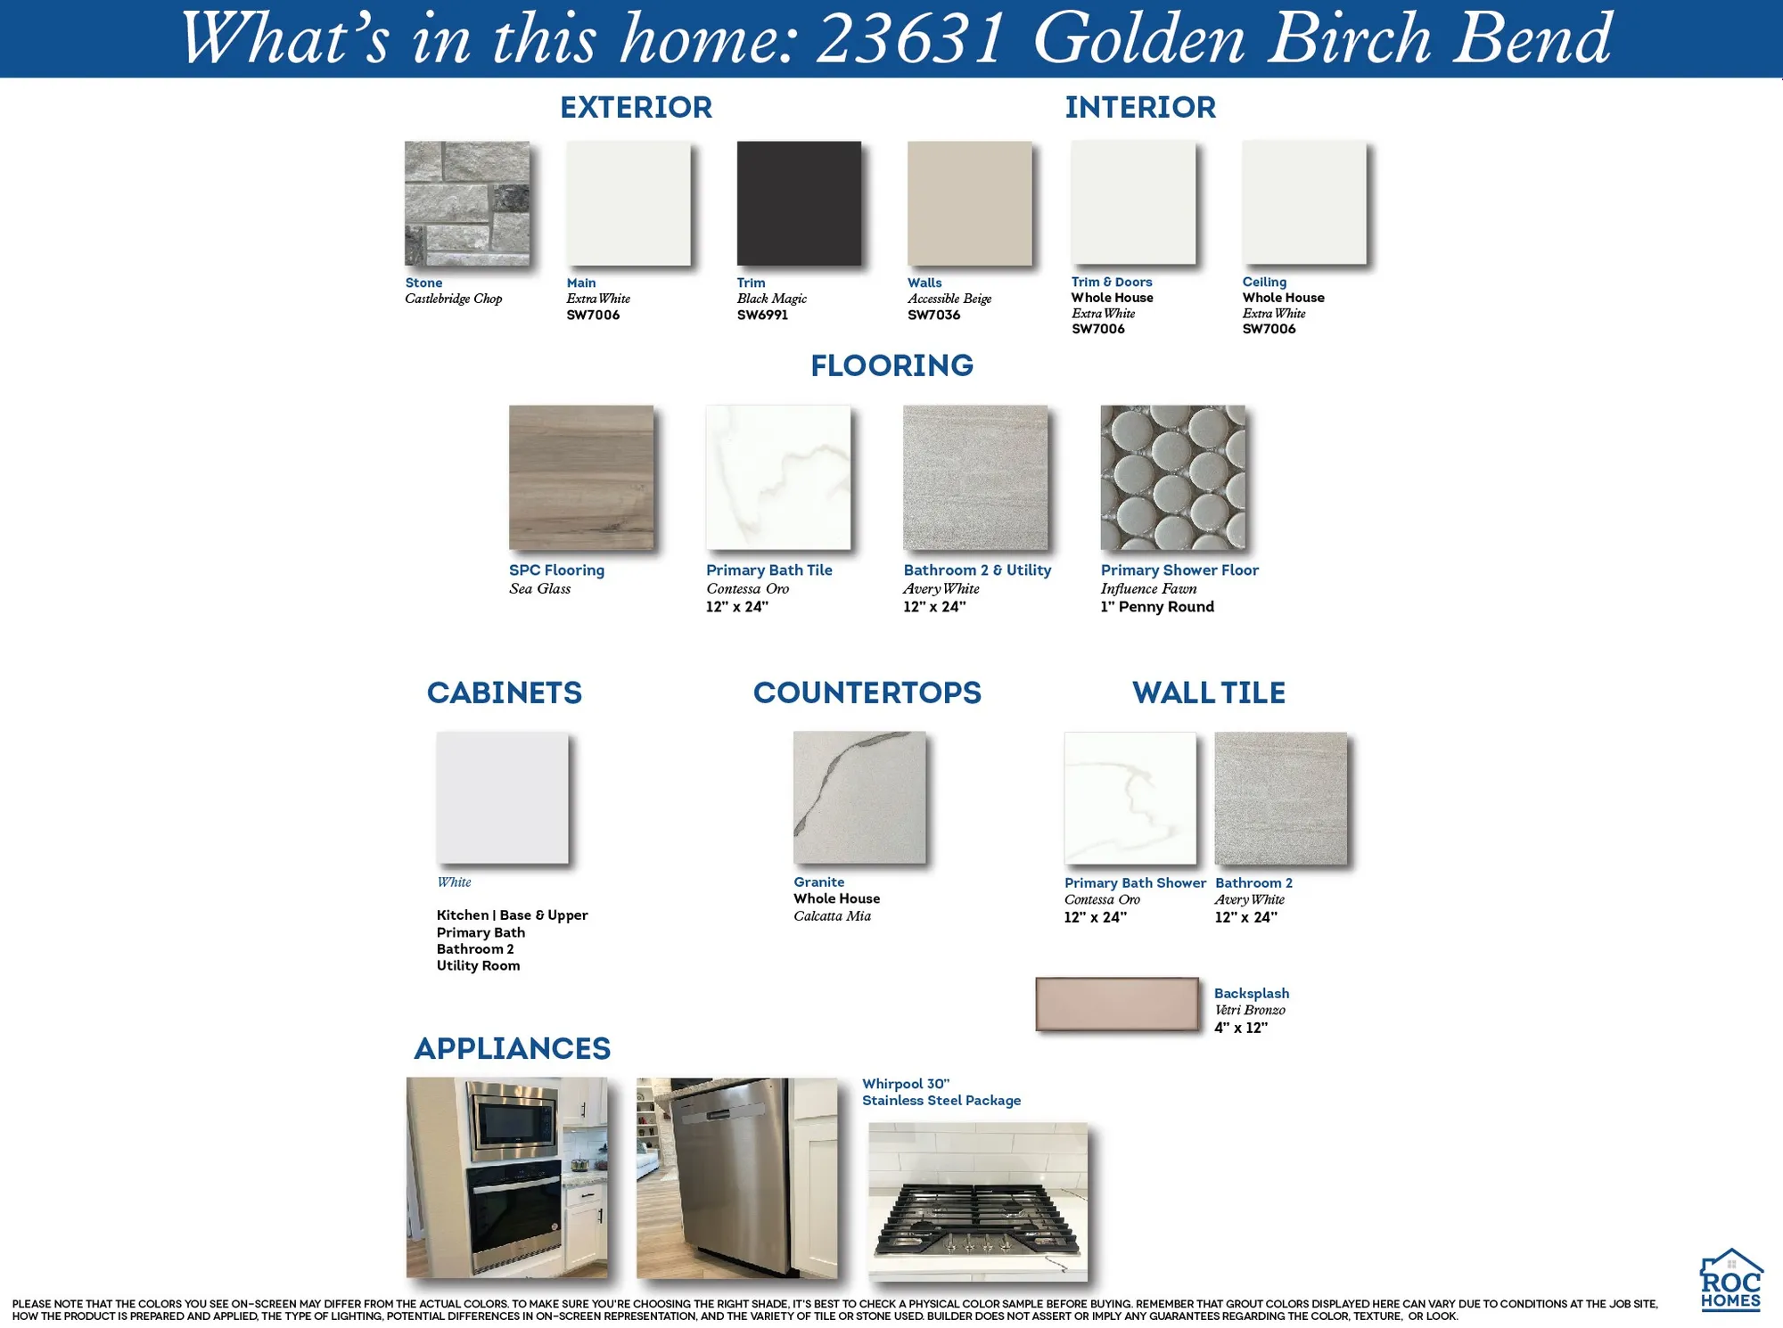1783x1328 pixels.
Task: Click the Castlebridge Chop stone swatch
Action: [467, 203]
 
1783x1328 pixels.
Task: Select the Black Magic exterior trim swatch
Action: [799, 203]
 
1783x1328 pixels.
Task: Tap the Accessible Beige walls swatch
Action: [969, 203]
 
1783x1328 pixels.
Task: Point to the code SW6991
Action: [762, 315]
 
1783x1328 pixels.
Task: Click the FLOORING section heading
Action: [891, 365]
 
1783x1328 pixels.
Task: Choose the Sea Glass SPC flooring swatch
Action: [581, 478]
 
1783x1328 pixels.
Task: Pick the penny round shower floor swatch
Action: [1172, 478]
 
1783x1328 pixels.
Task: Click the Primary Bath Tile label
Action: [768, 570]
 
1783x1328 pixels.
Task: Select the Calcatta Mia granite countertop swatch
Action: [859, 798]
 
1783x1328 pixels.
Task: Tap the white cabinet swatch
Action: [502, 798]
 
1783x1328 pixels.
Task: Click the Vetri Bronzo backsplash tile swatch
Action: [1117, 1004]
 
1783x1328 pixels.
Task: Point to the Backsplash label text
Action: [1251, 993]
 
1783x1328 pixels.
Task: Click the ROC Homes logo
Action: [1730, 1280]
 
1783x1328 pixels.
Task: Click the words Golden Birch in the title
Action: [1230, 39]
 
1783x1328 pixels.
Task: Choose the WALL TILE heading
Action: [1208, 693]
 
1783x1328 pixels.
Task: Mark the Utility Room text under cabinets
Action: [478, 965]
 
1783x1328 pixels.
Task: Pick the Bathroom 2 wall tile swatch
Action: [1280, 798]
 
